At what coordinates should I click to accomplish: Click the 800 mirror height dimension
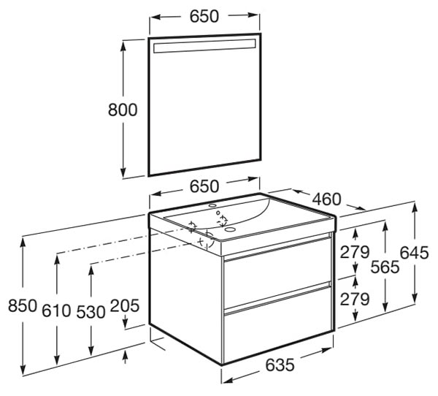coord(123,110)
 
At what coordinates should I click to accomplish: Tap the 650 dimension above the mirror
coord(204,16)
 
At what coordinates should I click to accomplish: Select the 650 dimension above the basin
coord(204,186)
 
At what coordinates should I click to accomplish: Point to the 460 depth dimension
coord(326,199)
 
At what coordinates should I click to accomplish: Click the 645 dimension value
coord(414,253)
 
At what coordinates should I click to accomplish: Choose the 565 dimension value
coord(385,267)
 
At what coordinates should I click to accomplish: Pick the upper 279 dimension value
coord(355,251)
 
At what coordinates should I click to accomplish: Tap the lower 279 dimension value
coord(355,299)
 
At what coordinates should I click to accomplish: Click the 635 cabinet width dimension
coord(280,365)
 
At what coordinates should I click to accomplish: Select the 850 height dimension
coord(23,305)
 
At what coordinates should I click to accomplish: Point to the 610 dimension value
coord(56,311)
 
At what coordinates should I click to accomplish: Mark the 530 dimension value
coord(91,312)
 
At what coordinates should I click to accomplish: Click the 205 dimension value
coord(125,305)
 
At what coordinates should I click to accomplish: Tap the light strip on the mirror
coord(204,46)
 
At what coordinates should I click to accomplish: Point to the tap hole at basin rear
coord(213,206)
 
